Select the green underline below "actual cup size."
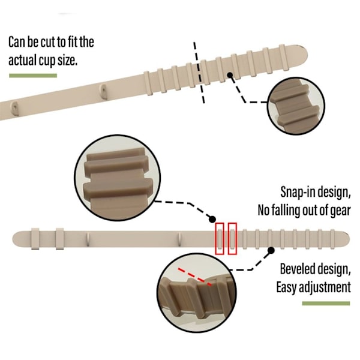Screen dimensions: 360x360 [x=33, y=76]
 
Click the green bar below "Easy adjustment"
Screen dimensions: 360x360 [x=326, y=304]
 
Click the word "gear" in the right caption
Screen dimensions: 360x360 [x=338, y=209]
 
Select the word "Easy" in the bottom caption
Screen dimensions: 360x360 [x=286, y=287]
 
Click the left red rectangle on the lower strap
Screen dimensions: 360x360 [x=220, y=238]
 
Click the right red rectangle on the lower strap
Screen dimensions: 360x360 [x=232, y=238]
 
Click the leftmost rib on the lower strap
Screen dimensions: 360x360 [x=35, y=239]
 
